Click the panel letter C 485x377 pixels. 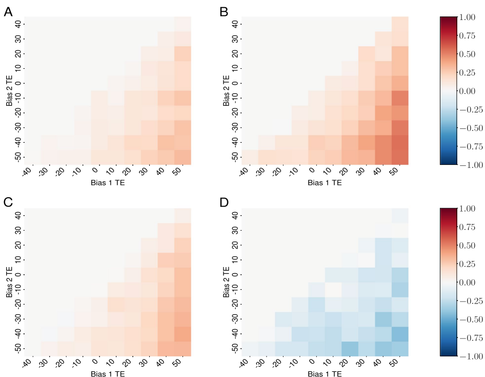point(8,203)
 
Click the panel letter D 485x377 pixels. point(225,203)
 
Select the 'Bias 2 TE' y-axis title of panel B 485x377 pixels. point(226,90)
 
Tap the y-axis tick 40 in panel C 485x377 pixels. point(18,215)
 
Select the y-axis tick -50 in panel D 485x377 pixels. point(233,349)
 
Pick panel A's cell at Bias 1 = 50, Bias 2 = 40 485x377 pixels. point(183,24)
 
